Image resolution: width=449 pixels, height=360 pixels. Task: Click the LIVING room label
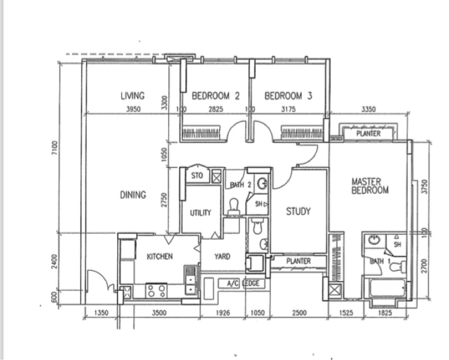coord(132,96)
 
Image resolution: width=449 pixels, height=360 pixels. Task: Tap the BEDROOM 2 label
coord(216,96)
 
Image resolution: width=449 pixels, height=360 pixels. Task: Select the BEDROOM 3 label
coord(288,96)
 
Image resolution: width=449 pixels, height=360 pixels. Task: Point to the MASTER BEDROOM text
coord(370,186)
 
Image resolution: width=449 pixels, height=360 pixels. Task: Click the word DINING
coord(133,195)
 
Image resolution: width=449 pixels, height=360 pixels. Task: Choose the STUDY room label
coord(298,212)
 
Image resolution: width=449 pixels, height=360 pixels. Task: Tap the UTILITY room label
coord(200,213)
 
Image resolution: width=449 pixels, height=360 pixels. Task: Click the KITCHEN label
coord(159,257)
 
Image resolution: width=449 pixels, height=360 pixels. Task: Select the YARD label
coord(222,257)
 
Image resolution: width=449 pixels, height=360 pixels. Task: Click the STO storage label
coord(196,176)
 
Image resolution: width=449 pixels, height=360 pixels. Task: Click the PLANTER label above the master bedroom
coord(368,134)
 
